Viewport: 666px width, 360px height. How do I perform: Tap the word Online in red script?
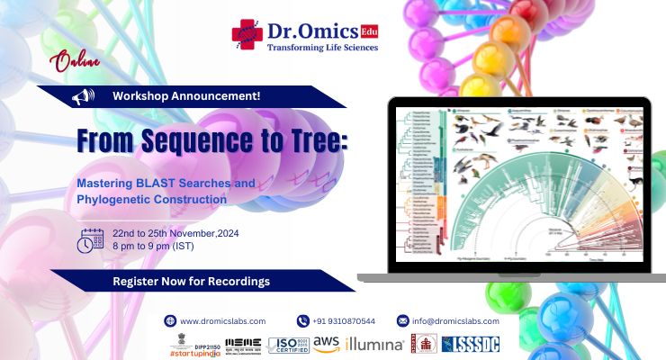click(x=76, y=64)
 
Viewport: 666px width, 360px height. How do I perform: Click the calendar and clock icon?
click(x=91, y=239)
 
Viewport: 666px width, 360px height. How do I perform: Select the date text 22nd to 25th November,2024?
click(x=177, y=232)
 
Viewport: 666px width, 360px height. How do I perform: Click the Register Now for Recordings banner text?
click(x=191, y=282)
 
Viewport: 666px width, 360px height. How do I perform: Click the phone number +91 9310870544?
click(x=343, y=321)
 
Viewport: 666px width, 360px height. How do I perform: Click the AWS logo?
click(x=326, y=343)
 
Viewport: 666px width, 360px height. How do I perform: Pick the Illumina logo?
click(x=373, y=344)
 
